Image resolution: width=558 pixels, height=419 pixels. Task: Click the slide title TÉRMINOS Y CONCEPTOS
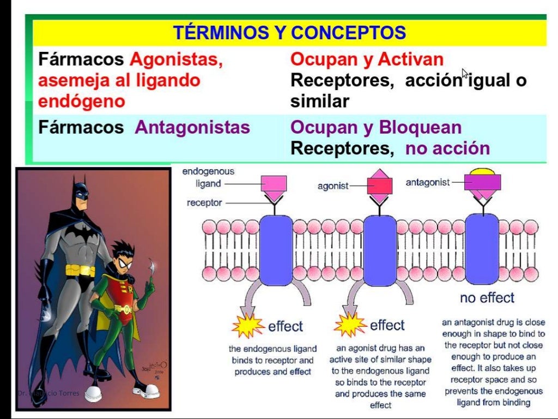tap(289, 33)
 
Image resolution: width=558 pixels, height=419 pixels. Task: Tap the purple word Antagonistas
tap(192, 128)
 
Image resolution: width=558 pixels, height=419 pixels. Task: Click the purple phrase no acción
tap(447, 148)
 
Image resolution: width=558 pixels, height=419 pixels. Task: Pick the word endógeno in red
tap(81, 101)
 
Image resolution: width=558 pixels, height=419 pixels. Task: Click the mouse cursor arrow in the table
tap(465, 74)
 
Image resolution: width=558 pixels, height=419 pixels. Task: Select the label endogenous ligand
tap(208, 177)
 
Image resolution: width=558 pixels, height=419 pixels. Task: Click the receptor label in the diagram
tap(204, 203)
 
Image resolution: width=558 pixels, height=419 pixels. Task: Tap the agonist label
tap(332, 186)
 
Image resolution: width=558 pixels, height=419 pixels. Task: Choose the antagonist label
tap(428, 182)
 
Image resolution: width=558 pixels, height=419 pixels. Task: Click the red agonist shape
tap(380, 185)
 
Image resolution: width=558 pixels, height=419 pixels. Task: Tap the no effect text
tap(487, 298)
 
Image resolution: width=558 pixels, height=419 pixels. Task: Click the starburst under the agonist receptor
tap(349, 325)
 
